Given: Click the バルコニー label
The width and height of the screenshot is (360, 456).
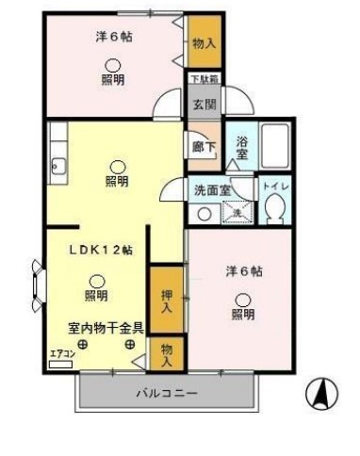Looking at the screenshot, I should [166, 392].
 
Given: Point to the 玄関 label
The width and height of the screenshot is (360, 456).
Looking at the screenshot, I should [204, 105].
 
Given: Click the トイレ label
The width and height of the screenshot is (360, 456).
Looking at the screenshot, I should [276, 187].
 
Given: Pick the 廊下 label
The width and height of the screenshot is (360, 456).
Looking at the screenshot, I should [203, 149].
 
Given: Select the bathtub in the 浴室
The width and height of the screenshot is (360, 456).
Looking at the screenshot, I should [275, 145].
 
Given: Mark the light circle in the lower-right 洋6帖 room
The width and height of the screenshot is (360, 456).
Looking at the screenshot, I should [242, 298].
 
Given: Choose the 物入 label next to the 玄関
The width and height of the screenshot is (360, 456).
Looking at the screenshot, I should [204, 43].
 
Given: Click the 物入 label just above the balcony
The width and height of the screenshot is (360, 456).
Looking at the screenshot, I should [166, 355].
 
